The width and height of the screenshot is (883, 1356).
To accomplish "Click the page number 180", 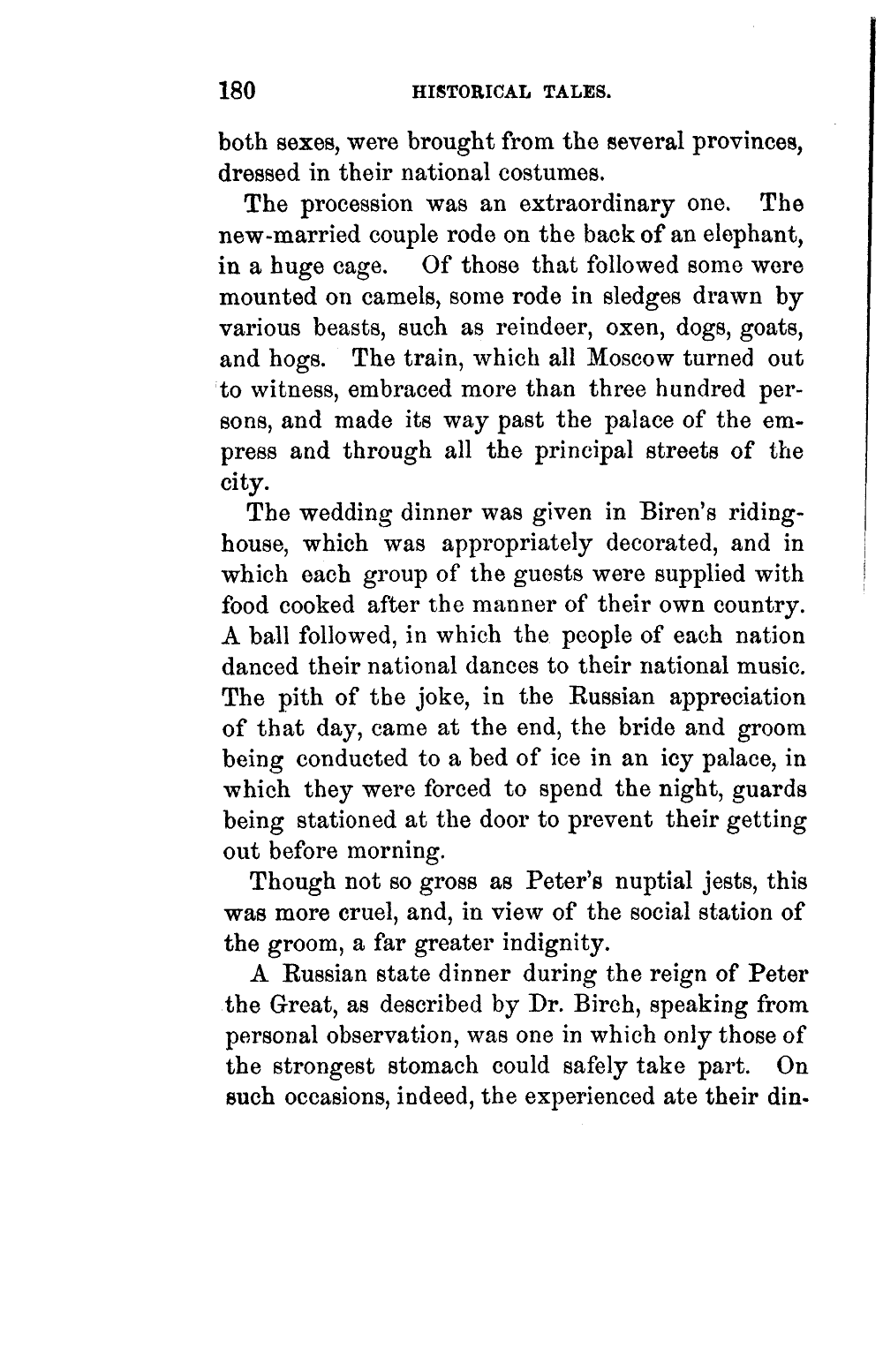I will pyautogui.click(x=238, y=90).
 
